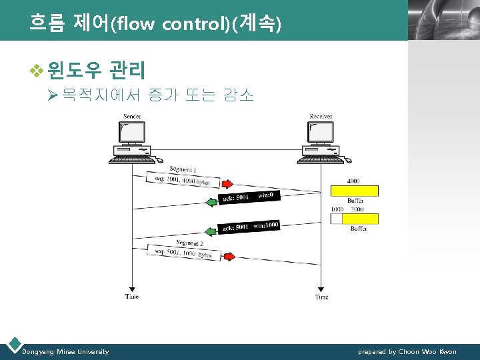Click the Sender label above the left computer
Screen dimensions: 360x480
coord(132,117)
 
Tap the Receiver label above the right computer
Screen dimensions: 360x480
coord(321,117)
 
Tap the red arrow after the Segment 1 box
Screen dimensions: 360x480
coord(227,184)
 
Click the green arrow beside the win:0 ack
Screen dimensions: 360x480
coord(212,201)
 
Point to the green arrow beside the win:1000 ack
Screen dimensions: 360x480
coord(212,231)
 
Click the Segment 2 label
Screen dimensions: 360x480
coord(190,243)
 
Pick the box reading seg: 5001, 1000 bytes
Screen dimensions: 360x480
coord(183,253)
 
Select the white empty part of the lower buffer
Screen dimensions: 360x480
coord(336,219)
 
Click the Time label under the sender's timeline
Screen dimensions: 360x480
coord(132,297)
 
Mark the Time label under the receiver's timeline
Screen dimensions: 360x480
coord(321,297)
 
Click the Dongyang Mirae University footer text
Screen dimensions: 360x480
coord(65,351)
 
